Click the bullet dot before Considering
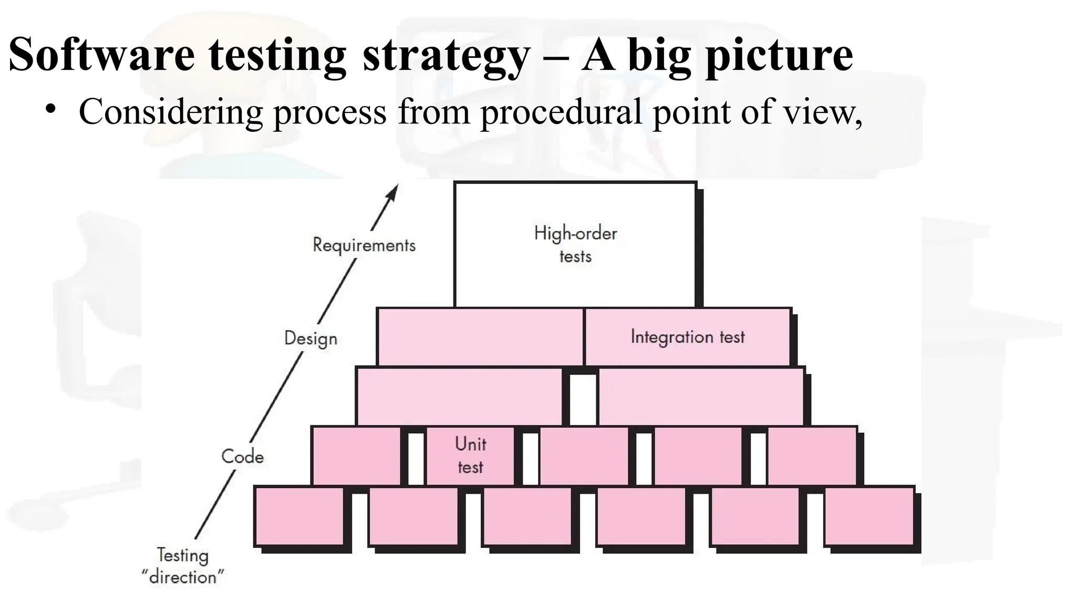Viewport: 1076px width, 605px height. (50, 109)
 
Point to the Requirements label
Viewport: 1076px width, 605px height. (364, 245)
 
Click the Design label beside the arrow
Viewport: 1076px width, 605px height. (311, 338)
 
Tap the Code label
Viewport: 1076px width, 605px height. (242, 456)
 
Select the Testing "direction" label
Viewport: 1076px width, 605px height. (183, 566)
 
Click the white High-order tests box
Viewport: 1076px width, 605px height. (575, 245)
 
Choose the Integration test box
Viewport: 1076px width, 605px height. (687, 337)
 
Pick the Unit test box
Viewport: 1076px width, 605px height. (470, 455)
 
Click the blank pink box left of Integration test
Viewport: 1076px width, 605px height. (480, 337)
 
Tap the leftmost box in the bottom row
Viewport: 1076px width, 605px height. (299, 516)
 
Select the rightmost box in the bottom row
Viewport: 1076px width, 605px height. (868, 516)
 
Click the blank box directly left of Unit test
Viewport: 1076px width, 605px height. (356, 455)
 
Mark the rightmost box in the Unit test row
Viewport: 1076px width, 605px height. (812, 455)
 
